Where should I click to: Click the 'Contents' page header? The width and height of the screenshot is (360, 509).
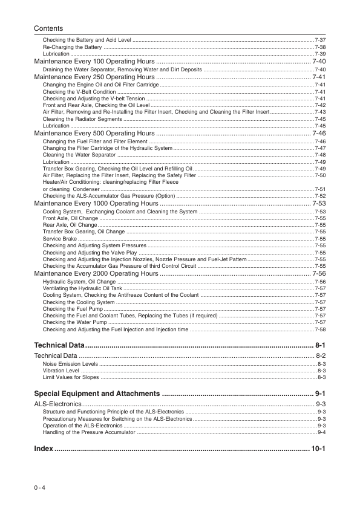click(x=48, y=28)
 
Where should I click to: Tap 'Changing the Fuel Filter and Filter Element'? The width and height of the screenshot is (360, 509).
click(x=91, y=141)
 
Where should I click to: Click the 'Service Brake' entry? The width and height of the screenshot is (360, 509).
click(x=59, y=239)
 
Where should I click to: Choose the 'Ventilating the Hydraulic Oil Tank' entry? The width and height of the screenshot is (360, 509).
click(x=83, y=288)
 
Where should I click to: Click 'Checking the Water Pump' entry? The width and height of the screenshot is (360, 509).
click(x=71, y=322)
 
